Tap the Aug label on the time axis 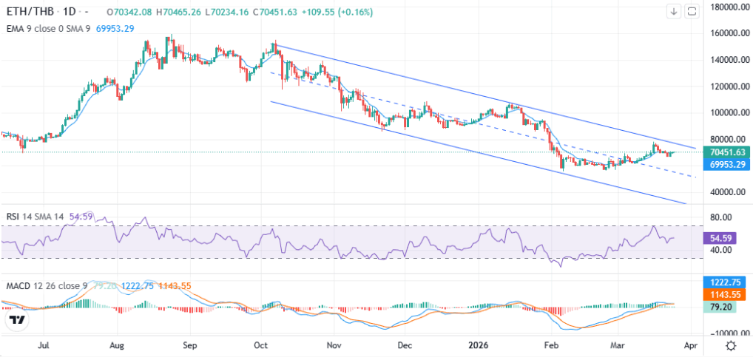[117, 344]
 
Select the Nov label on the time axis [334, 344]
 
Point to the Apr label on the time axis [691, 344]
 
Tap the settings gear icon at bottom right [731, 345]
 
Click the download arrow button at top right [674, 11]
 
